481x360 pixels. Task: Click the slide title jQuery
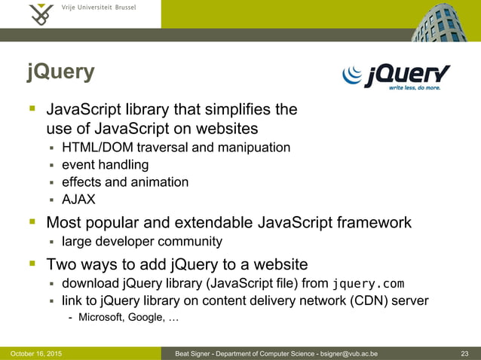click(61, 72)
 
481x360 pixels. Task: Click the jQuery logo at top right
click(397, 76)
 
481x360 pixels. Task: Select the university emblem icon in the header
click(42, 14)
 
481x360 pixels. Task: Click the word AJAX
click(78, 200)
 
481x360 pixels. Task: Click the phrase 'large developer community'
click(142, 242)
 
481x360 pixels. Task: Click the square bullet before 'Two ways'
click(33, 264)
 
